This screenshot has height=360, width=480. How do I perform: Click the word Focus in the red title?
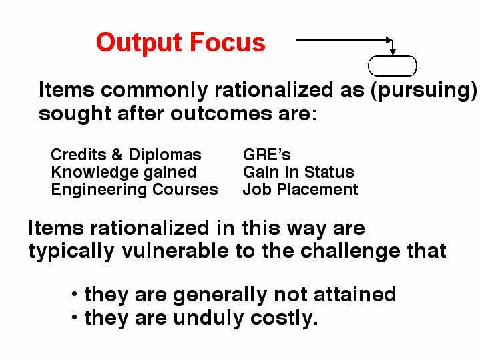point(228,42)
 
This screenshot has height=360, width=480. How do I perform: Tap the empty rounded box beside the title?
point(392,66)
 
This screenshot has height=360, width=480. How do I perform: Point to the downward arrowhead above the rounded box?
point(393,52)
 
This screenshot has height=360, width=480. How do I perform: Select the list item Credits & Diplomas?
point(126,154)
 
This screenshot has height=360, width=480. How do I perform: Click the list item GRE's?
point(266,154)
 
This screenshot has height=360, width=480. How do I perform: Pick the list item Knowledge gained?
point(124,172)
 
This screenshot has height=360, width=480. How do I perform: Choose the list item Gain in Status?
point(298,172)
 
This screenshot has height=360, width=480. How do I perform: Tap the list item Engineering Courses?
point(134,190)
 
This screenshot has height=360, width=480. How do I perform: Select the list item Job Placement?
point(300,189)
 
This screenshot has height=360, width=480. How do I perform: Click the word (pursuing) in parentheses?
point(424,91)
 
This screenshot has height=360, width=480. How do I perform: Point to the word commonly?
point(154,91)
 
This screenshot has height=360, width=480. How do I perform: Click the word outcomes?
point(221,114)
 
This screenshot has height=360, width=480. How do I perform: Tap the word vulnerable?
point(175,251)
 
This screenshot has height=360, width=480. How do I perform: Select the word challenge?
point(350,252)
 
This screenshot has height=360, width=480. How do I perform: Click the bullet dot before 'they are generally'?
point(74,294)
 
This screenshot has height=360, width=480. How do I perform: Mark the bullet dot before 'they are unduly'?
point(74,317)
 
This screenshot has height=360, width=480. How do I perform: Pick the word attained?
point(354,294)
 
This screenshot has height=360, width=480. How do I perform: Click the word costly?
point(284,319)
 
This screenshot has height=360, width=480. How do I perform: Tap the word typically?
point(71,252)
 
